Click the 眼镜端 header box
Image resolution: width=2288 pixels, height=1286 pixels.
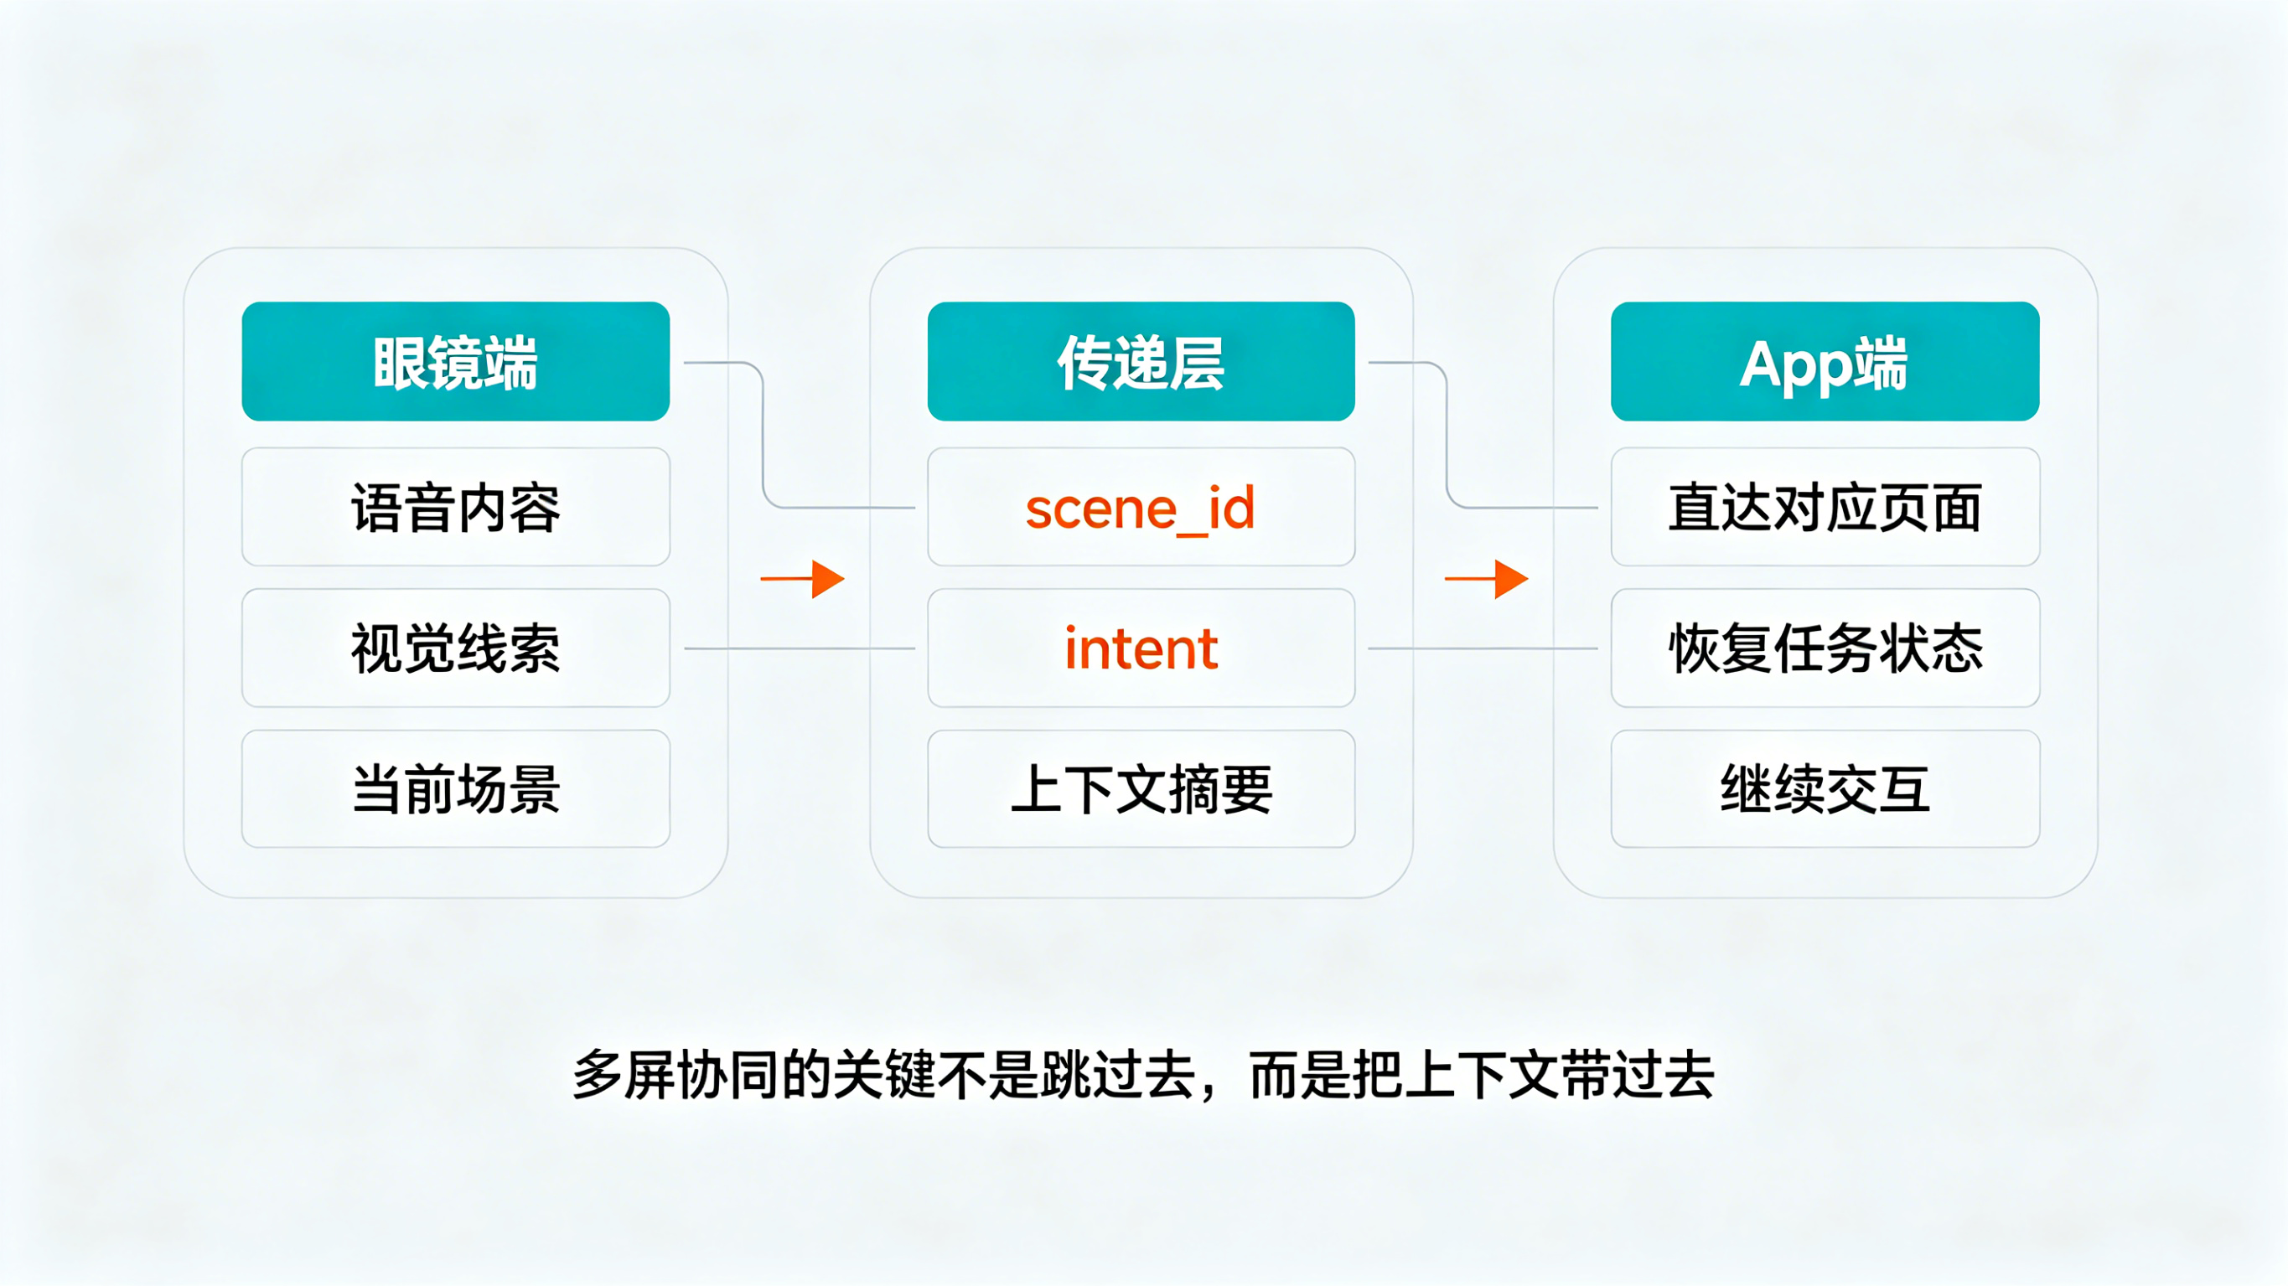(x=456, y=361)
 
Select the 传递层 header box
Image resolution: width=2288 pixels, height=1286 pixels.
(x=1141, y=361)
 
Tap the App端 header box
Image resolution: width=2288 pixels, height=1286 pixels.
(x=1825, y=361)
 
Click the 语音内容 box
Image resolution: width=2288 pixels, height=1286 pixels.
(x=456, y=507)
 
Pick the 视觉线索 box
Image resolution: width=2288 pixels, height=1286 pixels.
(x=456, y=648)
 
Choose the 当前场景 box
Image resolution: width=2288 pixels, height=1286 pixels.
(x=456, y=788)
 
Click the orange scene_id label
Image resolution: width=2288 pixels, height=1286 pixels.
(x=1141, y=509)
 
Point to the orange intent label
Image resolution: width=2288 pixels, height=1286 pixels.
(x=1141, y=649)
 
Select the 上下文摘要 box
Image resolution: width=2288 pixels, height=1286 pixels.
(x=1141, y=788)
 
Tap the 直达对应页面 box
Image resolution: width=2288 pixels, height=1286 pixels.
(x=1825, y=507)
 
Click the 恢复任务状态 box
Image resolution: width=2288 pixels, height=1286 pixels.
(x=1825, y=648)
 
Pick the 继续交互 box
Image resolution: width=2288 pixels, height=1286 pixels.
(x=1825, y=788)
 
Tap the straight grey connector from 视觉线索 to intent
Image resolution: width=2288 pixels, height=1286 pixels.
(x=800, y=648)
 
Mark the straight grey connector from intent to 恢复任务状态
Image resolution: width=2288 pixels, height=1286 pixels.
(x=1483, y=648)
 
